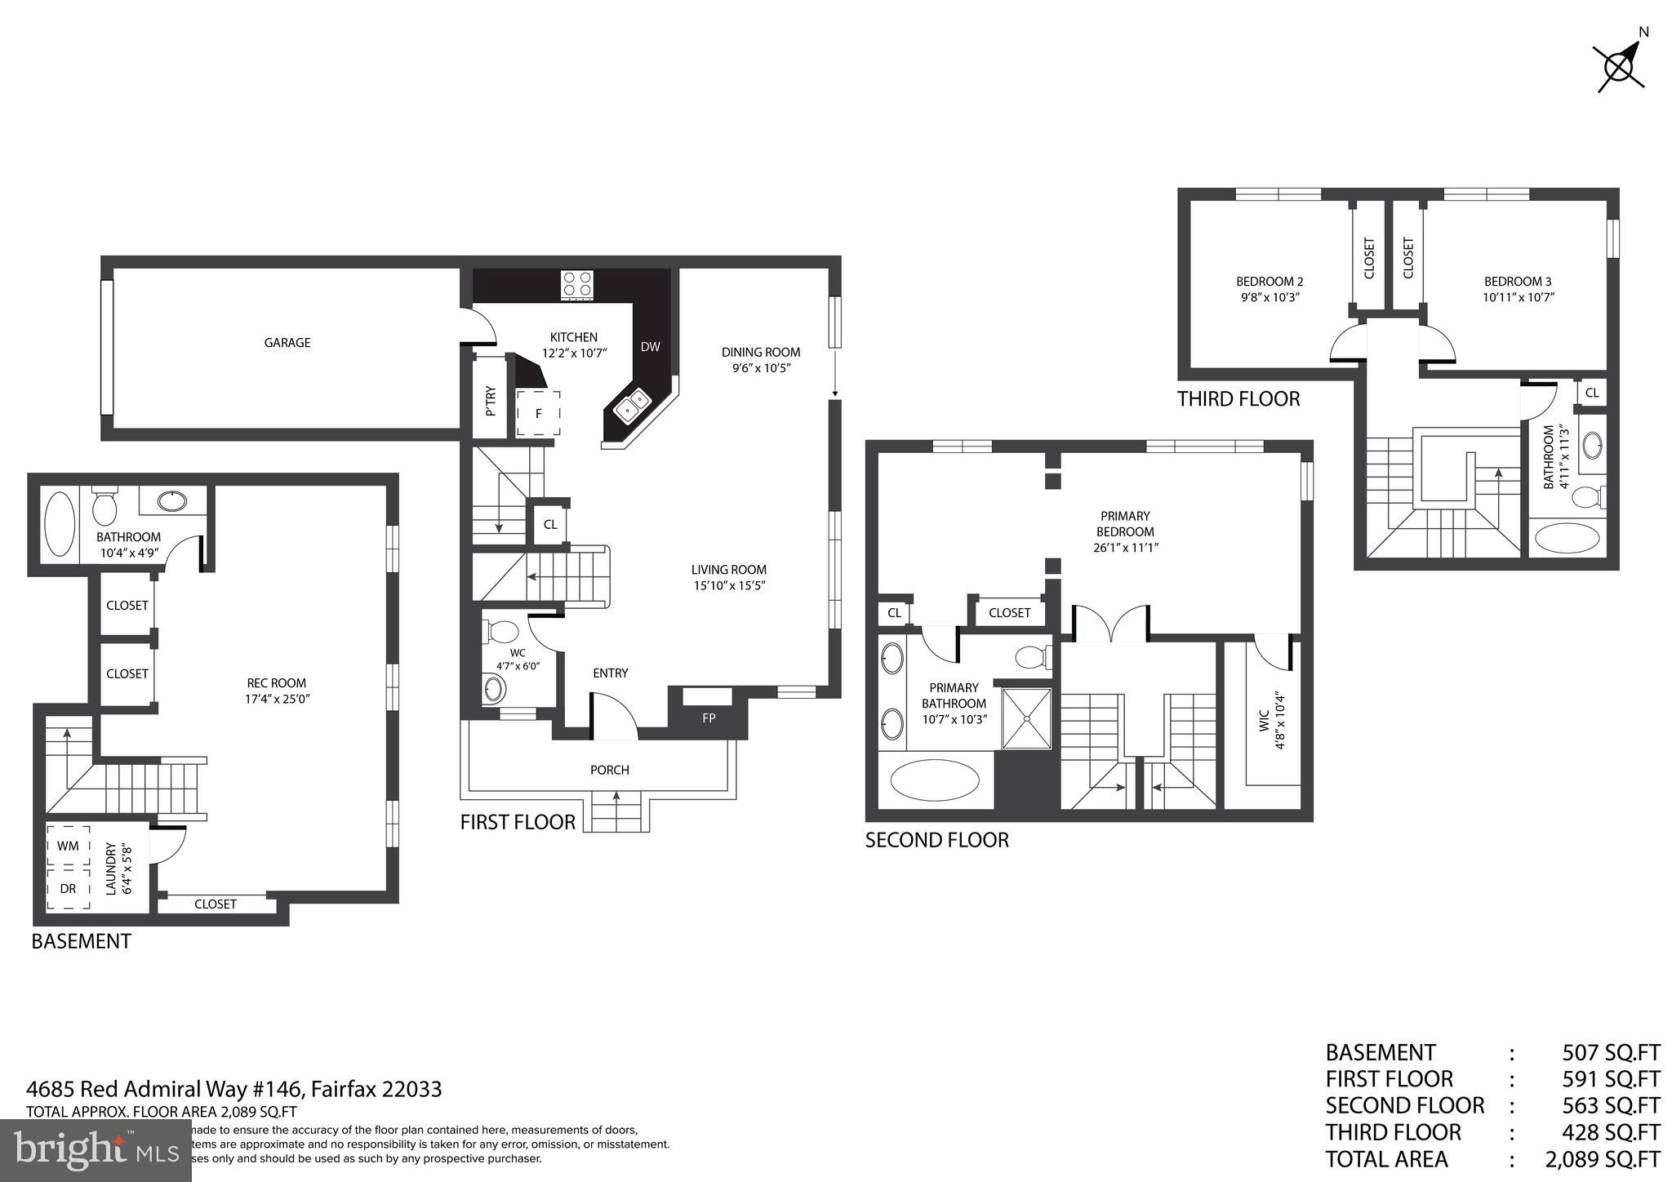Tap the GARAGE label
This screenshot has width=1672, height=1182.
(287, 343)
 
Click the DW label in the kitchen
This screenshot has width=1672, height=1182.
(650, 347)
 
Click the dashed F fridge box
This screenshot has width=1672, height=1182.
(538, 413)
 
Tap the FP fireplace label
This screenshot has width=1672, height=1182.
(709, 718)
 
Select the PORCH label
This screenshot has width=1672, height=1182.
(609, 770)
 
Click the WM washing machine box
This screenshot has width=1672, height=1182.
(69, 846)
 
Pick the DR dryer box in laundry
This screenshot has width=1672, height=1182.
(69, 889)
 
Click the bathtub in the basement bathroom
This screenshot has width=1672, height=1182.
(58, 522)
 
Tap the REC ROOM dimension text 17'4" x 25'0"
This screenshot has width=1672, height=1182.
(277, 699)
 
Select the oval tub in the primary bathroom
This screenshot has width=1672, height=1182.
(934, 780)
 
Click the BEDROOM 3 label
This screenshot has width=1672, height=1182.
(1518, 282)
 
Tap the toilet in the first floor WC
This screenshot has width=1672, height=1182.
(502, 631)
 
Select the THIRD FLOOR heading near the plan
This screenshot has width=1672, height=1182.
(1238, 399)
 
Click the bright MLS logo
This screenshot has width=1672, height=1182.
(96, 1150)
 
